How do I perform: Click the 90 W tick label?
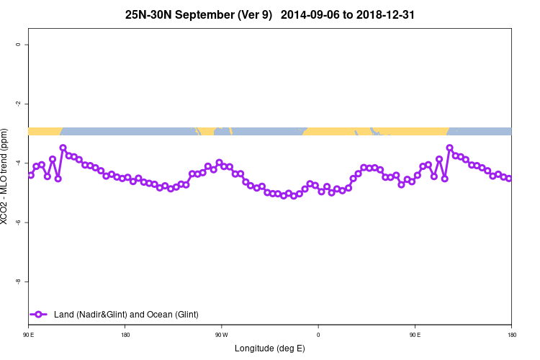(221, 335)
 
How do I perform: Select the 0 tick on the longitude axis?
(318, 335)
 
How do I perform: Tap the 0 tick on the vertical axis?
(17, 45)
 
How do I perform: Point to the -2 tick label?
(17, 104)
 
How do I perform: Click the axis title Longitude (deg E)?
(270, 348)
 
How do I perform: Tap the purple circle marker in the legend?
(40, 314)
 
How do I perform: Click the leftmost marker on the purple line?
(31, 175)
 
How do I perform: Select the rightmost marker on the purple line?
(508, 179)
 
